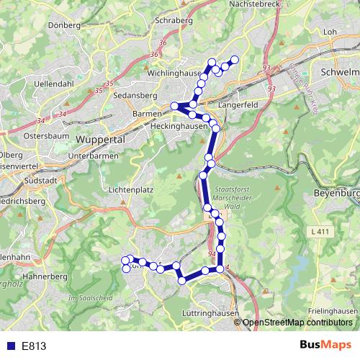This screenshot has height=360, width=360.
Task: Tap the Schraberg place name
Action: coord(174,21)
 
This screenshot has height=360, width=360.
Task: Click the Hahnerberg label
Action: coord(45,276)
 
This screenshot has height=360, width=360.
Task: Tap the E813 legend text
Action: coord(34,346)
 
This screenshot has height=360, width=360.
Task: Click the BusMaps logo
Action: coord(326,345)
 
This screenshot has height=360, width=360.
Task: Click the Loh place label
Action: coord(331,32)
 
